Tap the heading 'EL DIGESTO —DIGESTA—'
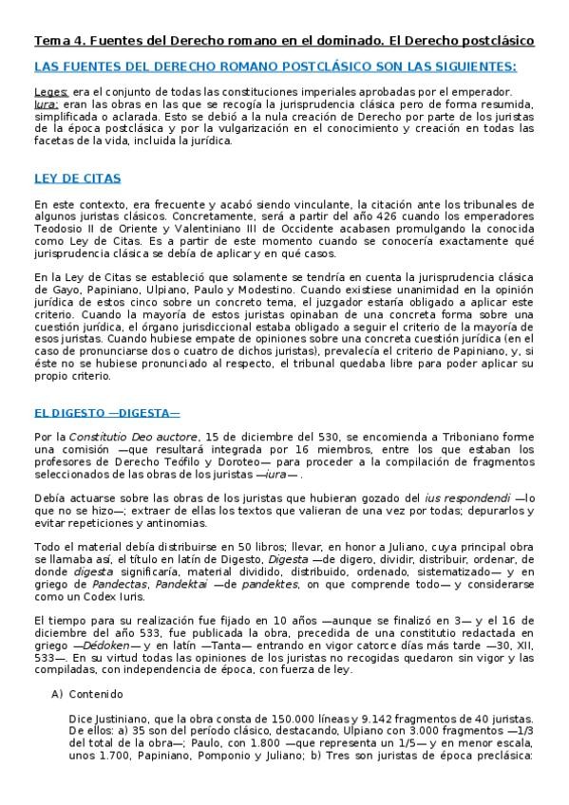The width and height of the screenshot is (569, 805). [106, 414]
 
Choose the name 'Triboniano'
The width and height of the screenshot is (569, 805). [443, 436]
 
